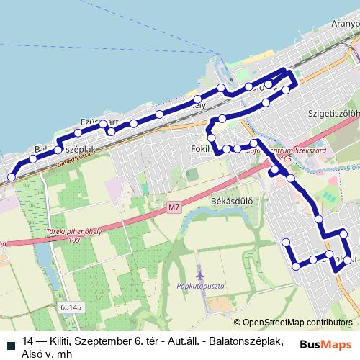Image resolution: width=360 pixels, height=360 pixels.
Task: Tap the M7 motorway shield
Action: tap(174, 208)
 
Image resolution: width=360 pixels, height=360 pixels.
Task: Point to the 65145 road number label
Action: tap(71, 306)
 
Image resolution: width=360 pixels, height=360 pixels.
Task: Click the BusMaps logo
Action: tap(326, 344)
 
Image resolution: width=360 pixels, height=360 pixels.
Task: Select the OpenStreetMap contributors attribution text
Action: tap(297, 322)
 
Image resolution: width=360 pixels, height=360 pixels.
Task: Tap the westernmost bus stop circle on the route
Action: tap(10, 177)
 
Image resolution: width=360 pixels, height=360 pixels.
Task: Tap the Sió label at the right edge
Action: tap(353, 168)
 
